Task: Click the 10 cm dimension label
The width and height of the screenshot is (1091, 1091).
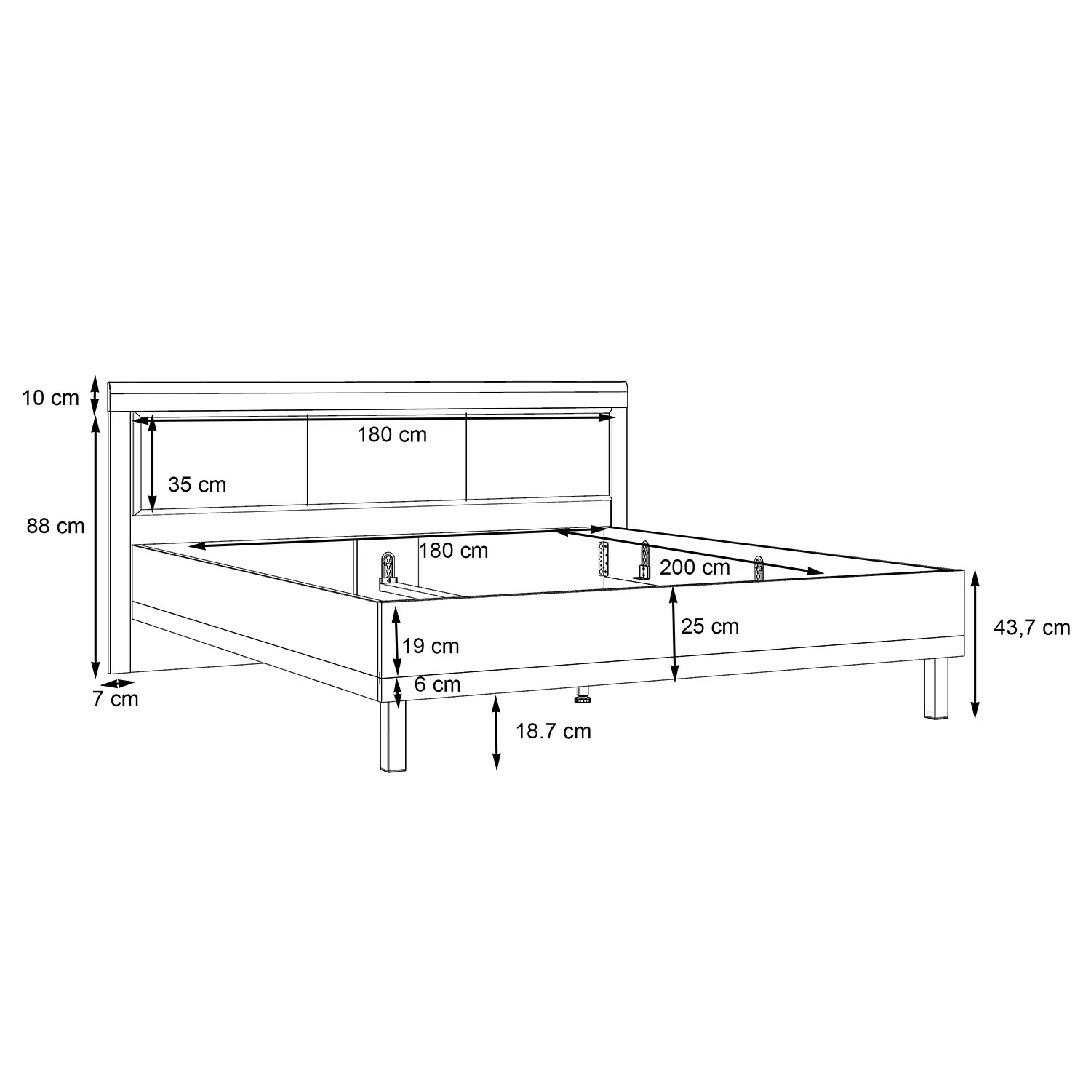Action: (50, 399)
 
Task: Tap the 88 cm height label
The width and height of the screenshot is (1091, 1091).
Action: (56, 526)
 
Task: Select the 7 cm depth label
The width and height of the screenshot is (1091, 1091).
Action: (115, 699)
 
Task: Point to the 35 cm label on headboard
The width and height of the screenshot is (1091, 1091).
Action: (197, 484)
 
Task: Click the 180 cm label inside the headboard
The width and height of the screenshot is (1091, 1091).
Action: (392, 435)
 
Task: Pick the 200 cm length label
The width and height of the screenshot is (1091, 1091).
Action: (695, 567)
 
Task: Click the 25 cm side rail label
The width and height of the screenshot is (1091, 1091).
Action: (710, 626)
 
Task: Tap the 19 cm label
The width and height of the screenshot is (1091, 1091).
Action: (431, 646)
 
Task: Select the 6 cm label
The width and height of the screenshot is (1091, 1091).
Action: (438, 684)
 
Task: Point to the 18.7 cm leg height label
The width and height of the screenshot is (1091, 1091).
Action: (554, 731)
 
